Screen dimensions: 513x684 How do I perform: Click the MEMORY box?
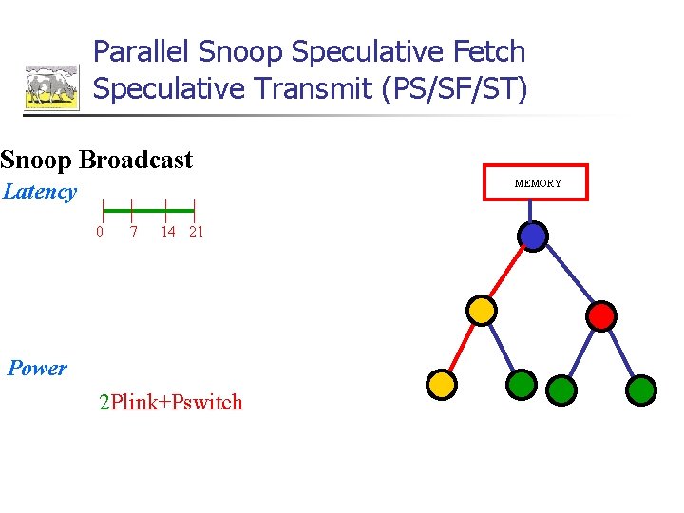(x=538, y=182)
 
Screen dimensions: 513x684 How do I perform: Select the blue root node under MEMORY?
(x=534, y=236)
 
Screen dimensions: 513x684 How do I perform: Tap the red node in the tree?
(x=601, y=315)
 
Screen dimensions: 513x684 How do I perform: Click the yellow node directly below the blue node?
(x=482, y=310)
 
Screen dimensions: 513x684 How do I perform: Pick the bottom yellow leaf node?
(x=442, y=384)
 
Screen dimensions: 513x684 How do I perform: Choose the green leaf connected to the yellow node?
(x=522, y=385)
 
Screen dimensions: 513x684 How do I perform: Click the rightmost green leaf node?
(x=642, y=389)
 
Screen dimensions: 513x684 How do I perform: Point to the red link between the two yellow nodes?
(x=462, y=347)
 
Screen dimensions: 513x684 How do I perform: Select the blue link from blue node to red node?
(x=568, y=275)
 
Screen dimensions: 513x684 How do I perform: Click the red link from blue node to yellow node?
(x=508, y=273)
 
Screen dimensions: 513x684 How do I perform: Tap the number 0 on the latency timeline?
(x=100, y=232)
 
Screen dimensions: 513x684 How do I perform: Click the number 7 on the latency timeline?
(x=134, y=232)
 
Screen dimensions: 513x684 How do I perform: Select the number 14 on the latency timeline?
(x=167, y=232)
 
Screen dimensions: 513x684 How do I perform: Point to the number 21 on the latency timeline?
(x=196, y=232)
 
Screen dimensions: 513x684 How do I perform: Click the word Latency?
(x=40, y=192)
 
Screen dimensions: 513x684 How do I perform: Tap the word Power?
(x=38, y=369)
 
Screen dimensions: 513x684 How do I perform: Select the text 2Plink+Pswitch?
(x=171, y=403)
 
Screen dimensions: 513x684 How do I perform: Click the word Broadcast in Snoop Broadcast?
(x=136, y=160)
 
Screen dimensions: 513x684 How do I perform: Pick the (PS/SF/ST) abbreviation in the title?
(x=454, y=88)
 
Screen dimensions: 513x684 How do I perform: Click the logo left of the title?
(x=51, y=87)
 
